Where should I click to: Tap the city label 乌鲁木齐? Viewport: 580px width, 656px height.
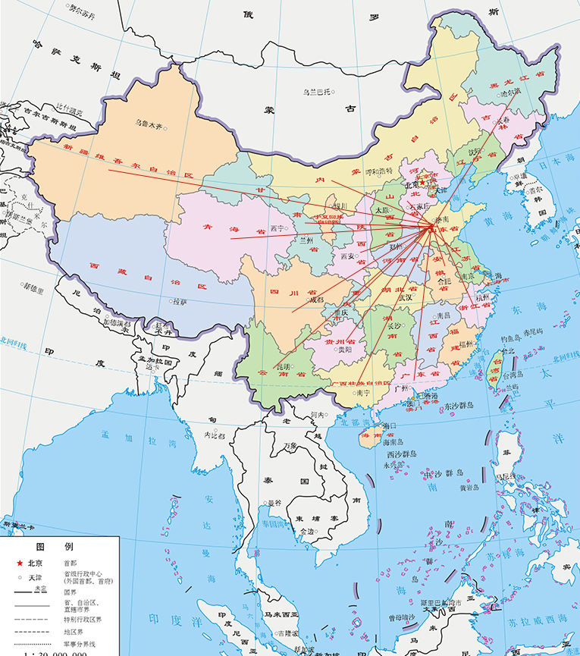[x=149, y=123]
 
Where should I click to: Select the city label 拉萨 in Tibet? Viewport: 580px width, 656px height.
[x=180, y=301]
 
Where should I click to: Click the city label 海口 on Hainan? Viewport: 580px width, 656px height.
[x=390, y=425]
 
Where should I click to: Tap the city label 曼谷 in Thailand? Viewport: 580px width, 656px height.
[x=274, y=503]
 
